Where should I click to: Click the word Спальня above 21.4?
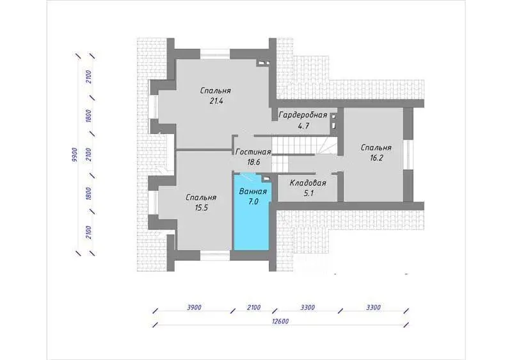coord(216,90)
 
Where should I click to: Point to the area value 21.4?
coord(216,101)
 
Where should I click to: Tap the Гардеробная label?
coord(303,115)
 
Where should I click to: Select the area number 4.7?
coord(303,126)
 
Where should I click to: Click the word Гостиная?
coord(253,152)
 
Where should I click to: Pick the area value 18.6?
coord(253,162)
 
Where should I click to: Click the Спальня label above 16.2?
coord(376,148)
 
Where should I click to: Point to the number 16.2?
coord(376,158)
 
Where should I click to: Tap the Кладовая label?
coord(308,183)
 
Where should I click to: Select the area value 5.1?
coord(308,193)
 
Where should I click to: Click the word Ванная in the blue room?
coord(253,192)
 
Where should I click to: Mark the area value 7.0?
coord(253,202)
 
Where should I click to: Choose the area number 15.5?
coord(201,208)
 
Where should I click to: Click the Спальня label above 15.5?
coord(201,197)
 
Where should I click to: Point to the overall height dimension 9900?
coord(74,155)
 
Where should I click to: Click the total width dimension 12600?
coord(280,322)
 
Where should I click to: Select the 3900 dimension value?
coord(194,307)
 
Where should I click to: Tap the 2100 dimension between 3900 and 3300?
coord(253,307)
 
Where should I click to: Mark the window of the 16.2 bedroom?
coord(408,154)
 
